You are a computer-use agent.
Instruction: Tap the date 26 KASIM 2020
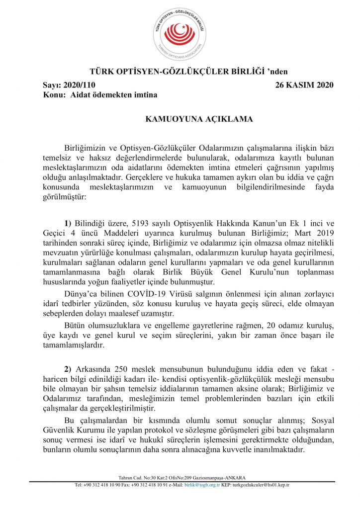coord(304,85)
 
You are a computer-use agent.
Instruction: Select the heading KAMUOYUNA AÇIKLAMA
coord(199,119)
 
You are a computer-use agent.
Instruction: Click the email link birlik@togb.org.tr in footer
coord(203,485)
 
